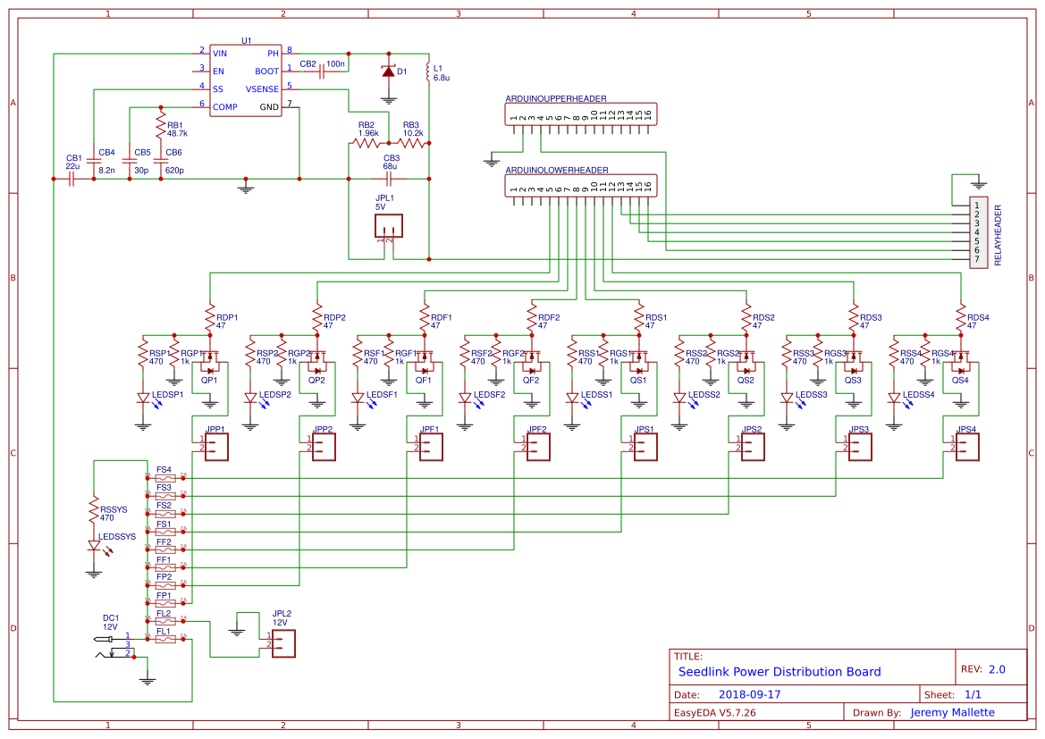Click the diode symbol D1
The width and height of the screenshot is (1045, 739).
[x=388, y=71]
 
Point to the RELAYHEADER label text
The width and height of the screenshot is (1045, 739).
[x=999, y=236]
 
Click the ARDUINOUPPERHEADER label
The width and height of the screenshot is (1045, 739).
[x=555, y=98]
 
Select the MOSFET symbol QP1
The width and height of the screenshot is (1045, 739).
[x=211, y=364]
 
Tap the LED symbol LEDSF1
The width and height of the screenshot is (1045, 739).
[x=358, y=398]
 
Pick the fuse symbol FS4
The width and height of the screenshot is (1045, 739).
[x=165, y=477]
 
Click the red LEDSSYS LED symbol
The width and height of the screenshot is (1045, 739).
[x=94, y=545]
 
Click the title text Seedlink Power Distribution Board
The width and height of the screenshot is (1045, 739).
[x=780, y=672]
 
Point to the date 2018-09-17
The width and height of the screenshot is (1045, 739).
[x=749, y=694]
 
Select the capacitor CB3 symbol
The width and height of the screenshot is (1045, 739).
[x=389, y=178]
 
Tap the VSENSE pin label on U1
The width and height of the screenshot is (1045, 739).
[x=262, y=88]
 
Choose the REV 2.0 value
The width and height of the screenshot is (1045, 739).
[x=997, y=669]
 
